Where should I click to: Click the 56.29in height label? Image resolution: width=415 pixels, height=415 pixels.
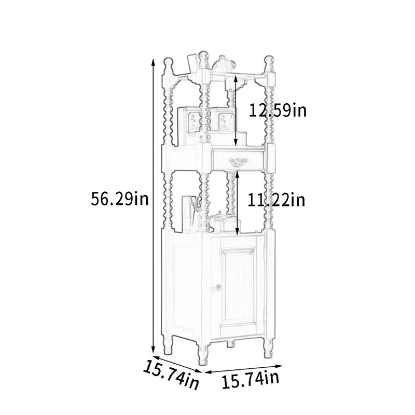pyautogui.click(x=120, y=199)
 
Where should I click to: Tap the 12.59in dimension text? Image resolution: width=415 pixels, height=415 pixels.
pyautogui.click(x=278, y=110)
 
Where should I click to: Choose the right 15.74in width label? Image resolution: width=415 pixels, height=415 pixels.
pyautogui.click(x=251, y=380)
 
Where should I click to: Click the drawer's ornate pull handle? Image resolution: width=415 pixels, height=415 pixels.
pyautogui.click(x=239, y=162)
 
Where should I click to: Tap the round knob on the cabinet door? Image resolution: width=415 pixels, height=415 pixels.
pyautogui.click(x=218, y=287)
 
